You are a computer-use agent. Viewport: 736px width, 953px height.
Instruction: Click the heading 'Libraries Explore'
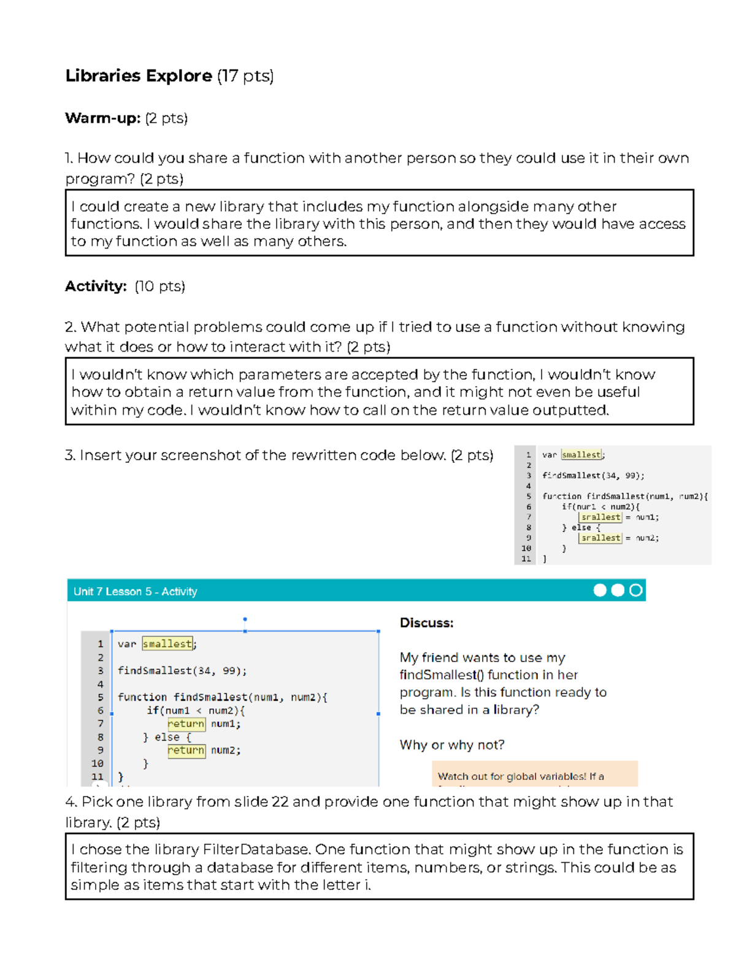click(139, 75)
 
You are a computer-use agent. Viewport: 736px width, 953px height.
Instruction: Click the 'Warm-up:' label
click(103, 118)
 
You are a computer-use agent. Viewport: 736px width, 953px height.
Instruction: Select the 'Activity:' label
click(96, 286)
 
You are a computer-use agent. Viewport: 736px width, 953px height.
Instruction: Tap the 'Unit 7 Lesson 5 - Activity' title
click(135, 592)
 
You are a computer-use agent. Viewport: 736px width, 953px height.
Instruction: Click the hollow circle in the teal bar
click(636, 590)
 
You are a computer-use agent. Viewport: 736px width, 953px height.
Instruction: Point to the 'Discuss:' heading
click(426, 623)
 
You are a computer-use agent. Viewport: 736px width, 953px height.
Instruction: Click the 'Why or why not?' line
click(452, 745)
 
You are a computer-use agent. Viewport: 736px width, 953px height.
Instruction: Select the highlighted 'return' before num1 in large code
click(186, 724)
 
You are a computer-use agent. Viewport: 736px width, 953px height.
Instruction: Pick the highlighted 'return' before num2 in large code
click(186, 750)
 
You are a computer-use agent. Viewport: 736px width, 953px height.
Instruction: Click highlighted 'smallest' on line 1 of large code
click(167, 644)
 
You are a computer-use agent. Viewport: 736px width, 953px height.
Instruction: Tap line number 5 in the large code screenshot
click(100, 697)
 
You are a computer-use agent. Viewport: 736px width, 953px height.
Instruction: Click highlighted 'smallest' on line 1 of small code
click(581, 455)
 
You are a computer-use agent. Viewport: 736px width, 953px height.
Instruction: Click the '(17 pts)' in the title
click(245, 75)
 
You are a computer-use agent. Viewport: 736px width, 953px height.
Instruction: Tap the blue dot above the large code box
click(245, 619)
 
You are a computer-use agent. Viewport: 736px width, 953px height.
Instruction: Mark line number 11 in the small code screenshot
click(526, 558)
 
